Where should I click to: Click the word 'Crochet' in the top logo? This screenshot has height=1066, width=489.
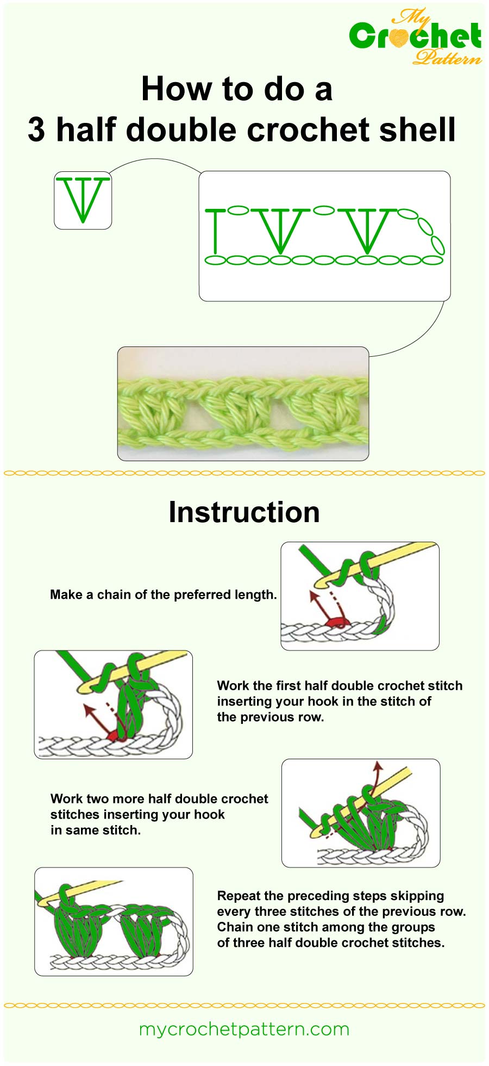[x=415, y=37]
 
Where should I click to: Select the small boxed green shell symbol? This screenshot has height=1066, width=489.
[x=83, y=200]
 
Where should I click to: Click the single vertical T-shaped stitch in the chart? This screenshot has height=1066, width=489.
[x=216, y=231]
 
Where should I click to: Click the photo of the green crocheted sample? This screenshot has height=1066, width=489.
[x=243, y=404]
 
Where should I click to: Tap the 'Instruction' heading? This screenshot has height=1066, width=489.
[x=244, y=512]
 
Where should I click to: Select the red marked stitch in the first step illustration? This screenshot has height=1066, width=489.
[x=337, y=621]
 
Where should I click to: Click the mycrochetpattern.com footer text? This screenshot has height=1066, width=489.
[x=244, y=1029]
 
